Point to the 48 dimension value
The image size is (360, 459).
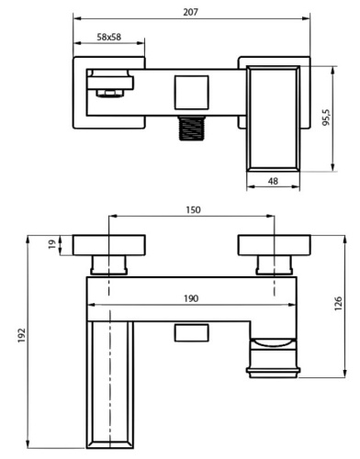(273, 182)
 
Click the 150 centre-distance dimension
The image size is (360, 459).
(192, 210)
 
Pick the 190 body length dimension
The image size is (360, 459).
(192, 299)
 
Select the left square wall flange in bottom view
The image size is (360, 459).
(109, 244)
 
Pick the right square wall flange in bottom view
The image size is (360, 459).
(274, 244)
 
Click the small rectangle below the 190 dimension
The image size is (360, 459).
(191, 332)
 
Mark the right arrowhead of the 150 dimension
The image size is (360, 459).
(270, 218)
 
